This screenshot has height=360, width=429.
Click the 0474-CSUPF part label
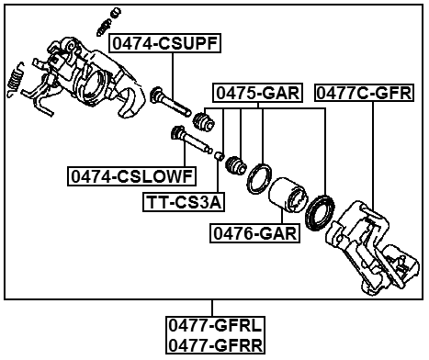[x=166, y=43]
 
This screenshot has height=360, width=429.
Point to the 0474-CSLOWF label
[x=130, y=174]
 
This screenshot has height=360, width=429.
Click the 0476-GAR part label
[x=254, y=233]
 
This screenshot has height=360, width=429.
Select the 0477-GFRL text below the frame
[x=215, y=325]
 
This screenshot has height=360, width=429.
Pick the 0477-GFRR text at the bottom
[x=215, y=344]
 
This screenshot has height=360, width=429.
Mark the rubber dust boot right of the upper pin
[x=205, y=120]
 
